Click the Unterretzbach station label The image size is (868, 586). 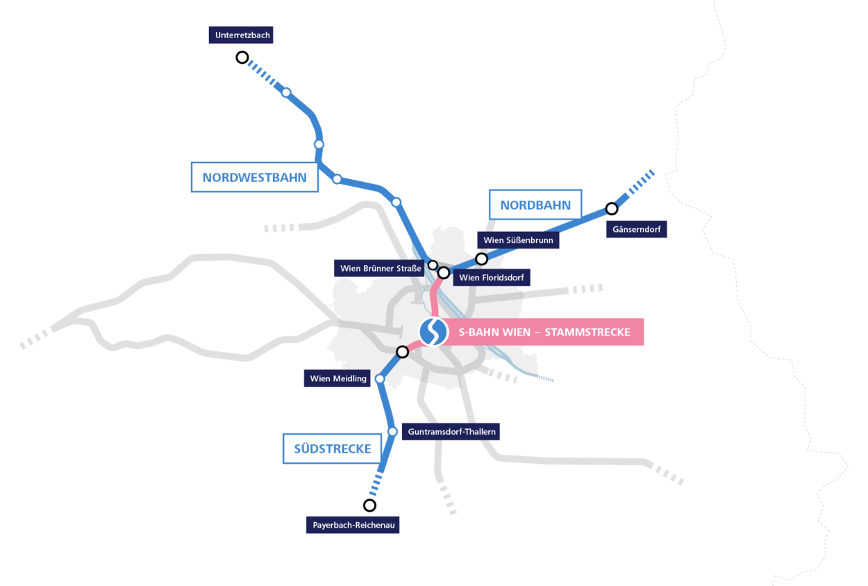click(x=241, y=35)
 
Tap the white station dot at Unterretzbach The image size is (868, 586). click(x=242, y=58)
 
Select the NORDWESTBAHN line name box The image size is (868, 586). click(x=254, y=178)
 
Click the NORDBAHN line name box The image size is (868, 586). click(x=535, y=205)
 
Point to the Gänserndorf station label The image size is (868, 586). click(x=637, y=229)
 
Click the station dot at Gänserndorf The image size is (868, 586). click(x=612, y=208)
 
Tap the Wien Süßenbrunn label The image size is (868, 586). click(x=518, y=240)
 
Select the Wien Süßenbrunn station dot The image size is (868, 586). click(x=481, y=259)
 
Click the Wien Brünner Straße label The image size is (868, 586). click(x=381, y=268)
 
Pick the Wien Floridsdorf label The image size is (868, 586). click(x=492, y=278)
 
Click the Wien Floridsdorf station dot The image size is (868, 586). click(x=444, y=272)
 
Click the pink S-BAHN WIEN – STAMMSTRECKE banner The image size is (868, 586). click(x=544, y=332)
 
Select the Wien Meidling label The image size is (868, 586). click(x=337, y=378)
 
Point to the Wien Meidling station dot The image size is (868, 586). click(x=380, y=378)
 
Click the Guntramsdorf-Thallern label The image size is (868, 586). click(x=451, y=432)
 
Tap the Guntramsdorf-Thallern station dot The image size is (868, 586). click(x=392, y=432)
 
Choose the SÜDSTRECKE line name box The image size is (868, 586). click(x=332, y=449)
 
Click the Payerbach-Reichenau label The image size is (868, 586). click(x=353, y=525)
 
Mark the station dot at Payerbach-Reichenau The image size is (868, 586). click(x=369, y=505)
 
